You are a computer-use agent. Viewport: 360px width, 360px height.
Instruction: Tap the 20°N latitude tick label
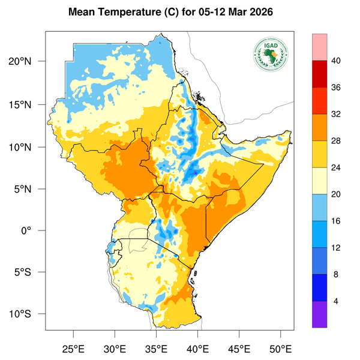click(x=28, y=61)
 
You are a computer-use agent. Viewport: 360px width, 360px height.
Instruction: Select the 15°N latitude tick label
click(x=28, y=104)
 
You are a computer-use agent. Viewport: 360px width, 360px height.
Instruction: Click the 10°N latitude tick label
click(x=28, y=147)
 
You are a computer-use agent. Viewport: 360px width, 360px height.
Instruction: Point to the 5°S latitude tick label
click(x=30, y=272)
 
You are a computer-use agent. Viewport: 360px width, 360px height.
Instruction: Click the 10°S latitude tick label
click(x=28, y=314)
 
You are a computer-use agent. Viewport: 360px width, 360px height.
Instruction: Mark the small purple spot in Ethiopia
click(x=194, y=172)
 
